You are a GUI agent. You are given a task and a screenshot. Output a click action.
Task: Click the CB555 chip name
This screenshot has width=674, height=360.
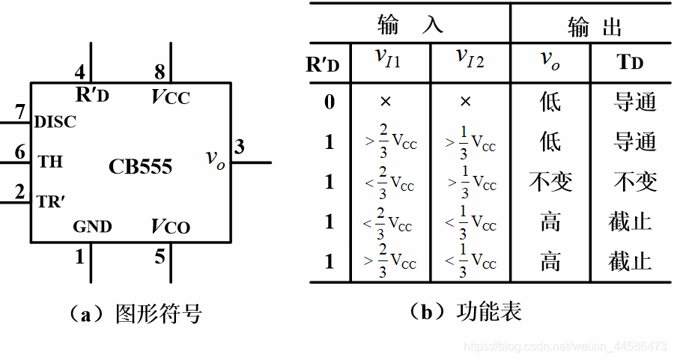[x=140, y=165]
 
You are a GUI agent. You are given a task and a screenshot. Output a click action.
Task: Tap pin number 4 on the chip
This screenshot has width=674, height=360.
[x=79, y=73]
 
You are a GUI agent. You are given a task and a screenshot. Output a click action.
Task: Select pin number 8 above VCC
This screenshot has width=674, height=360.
[x=159, y=73]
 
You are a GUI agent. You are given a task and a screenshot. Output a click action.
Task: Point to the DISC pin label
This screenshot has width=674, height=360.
[x=55, y=121]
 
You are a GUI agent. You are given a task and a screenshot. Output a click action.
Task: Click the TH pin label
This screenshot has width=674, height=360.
[x=50, y=160]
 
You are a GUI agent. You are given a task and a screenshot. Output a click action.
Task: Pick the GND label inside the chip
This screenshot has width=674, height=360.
[x=93, y=226]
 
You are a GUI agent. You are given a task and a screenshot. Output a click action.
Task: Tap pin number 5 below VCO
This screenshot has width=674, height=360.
[x=160, y=257]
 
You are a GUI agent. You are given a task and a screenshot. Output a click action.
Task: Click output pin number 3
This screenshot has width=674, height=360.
[x=239, y=147]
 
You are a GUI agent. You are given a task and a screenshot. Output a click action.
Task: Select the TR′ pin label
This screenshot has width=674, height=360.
[x=52, y=201]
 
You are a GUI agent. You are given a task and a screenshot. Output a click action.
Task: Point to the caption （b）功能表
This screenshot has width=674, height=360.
[x=466, y=311]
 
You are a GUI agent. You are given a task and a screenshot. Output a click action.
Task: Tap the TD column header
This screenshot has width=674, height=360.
[x=630, y=63]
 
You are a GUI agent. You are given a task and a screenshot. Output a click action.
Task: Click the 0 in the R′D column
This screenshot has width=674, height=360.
[x=329, y=102]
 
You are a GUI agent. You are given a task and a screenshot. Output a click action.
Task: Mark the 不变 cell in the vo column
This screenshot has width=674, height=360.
[x=550, y=182]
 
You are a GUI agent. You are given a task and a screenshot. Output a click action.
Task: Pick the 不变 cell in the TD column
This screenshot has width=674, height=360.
[x=634, y=182]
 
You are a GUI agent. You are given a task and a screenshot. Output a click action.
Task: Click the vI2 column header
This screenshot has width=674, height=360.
[x=470, y=60]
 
